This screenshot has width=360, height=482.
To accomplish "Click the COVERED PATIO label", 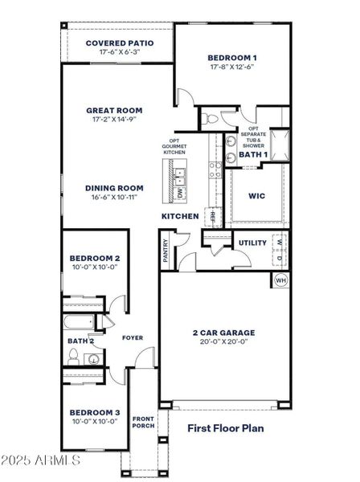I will pos(120,43).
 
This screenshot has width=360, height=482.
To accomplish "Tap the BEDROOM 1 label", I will pos(232,58).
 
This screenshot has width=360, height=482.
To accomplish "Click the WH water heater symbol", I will pos(280,280).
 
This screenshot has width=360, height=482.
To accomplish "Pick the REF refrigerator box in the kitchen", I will pos(214,216).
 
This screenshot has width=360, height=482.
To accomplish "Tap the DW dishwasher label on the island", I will pos(181,193).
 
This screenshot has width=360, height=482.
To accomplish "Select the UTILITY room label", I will pos(252,243).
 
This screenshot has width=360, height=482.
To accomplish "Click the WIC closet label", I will pos(257,195).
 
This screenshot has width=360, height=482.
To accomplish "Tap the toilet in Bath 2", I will pos(74,359).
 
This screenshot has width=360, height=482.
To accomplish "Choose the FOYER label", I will pos(133,338).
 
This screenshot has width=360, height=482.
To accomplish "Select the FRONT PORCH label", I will pos(143,422).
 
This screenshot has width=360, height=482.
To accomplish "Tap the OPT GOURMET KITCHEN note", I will pos(175,145).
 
